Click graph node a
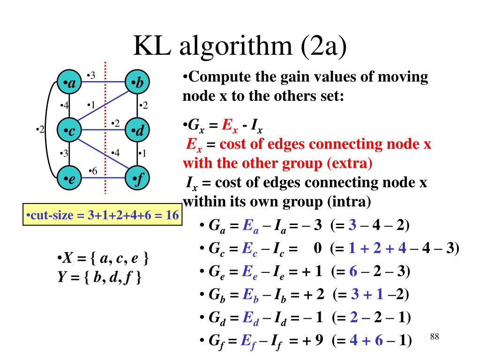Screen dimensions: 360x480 (x=69, y=84)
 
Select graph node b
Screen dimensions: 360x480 (x=138, y=84)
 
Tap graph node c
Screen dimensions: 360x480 (x=69, y=131)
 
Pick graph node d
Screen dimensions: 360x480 (x=138, y=131)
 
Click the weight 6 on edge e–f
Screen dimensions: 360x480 (x=93, y=172)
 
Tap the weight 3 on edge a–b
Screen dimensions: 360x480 (x=92, y=75)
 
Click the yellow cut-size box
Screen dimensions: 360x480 (x=102, y=215)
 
